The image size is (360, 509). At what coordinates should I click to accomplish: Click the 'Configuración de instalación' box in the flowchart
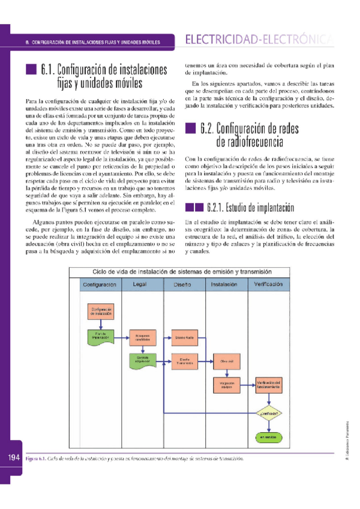[x=100, y=311]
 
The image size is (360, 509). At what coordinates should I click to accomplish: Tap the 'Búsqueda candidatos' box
[x=142, y=337]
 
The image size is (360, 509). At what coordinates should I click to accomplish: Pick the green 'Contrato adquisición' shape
[x=142, y=360]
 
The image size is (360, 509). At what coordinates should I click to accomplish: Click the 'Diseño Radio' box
[x=184, y=337]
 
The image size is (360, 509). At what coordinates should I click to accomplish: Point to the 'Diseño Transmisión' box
[x=184, y=361]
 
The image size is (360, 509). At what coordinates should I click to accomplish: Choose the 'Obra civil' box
[x=226, y=361]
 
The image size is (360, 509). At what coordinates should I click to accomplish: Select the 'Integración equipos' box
[x=226, y=384]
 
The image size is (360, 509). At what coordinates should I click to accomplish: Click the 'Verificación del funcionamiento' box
[x=269, y=384]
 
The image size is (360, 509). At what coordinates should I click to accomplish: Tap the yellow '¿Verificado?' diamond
[x=269, y=413]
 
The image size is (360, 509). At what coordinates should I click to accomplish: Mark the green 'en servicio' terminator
[x=269, y=438]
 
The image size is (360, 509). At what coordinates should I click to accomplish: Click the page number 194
[x=15, y=458]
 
